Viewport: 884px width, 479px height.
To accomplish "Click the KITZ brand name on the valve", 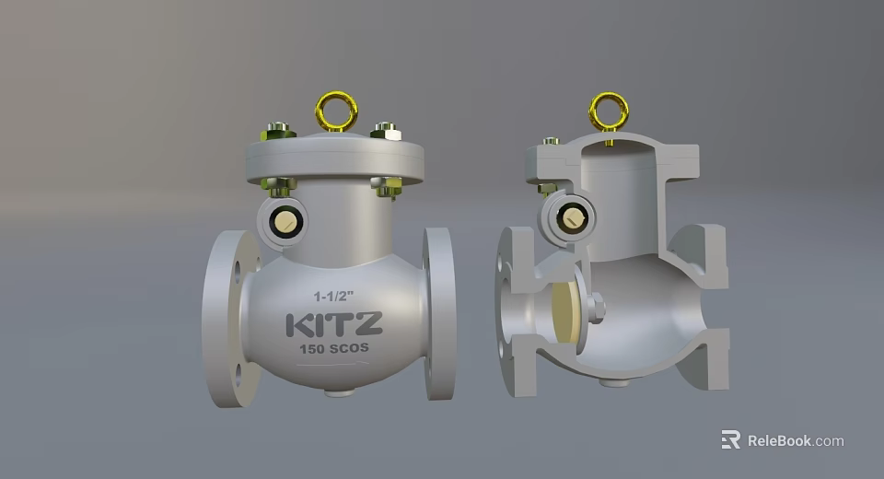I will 333,325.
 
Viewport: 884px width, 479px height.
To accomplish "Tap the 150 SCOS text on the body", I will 333,350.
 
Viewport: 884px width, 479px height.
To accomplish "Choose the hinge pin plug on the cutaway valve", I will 573,218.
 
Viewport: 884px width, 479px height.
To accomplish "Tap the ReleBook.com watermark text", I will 795,440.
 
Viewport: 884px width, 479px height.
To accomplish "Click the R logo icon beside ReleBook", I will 730,440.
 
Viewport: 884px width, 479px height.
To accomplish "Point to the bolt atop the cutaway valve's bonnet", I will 551,142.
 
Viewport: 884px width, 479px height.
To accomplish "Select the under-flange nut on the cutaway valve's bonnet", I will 546,188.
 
